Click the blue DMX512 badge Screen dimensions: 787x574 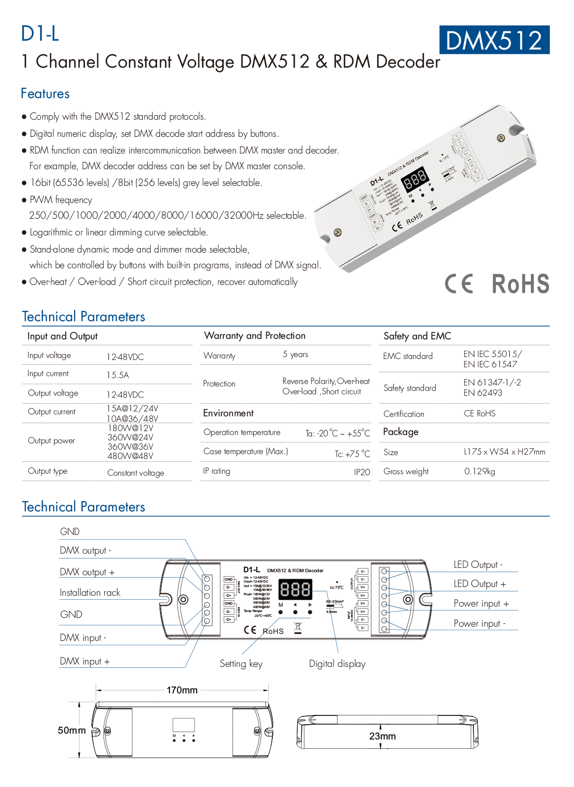[x=494, y=40]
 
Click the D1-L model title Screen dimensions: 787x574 [x=40, y=33]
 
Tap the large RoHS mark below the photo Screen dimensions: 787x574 [x=520, y=284]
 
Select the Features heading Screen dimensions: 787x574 [x=45, y=94]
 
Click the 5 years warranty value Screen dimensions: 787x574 [x=295, y=355]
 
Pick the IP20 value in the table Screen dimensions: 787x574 [x=362, y=472]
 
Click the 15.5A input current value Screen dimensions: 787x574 [x=118, y=375]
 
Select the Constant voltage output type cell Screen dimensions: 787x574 [x=135, y=473]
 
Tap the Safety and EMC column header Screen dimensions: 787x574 [x=417, y=336]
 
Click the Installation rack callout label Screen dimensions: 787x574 [x=90, y=593]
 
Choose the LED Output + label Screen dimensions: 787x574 [x=479, y=584]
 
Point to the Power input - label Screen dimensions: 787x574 [x=479, y=624]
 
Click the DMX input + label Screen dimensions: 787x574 [x=84, y=661]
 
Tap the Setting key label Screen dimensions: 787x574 [x=241, y=664]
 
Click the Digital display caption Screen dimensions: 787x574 [x=337, y=664]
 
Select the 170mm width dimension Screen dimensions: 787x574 [x=182, y=690]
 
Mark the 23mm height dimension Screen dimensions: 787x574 [x=382, y=736]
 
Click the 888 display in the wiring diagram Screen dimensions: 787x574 [x=295, y=589]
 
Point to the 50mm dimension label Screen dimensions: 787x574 [x=72, y=731]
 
